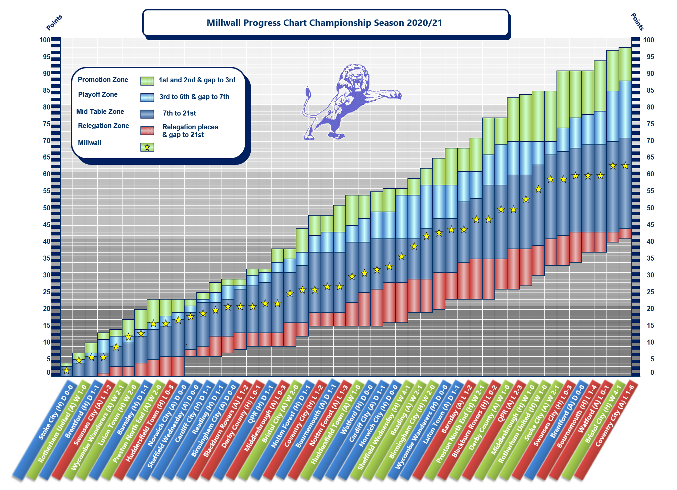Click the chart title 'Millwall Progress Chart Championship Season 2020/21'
324,23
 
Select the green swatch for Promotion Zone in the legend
147,81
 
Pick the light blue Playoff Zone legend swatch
147,97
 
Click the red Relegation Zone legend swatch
147,131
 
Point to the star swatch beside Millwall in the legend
147,147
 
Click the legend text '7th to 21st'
179,113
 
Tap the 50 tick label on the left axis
46,208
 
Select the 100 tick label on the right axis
648,40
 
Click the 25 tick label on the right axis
650,292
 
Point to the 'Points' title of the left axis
54,23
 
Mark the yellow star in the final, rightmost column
625,166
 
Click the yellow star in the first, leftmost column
66,370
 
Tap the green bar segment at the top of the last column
625,64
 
